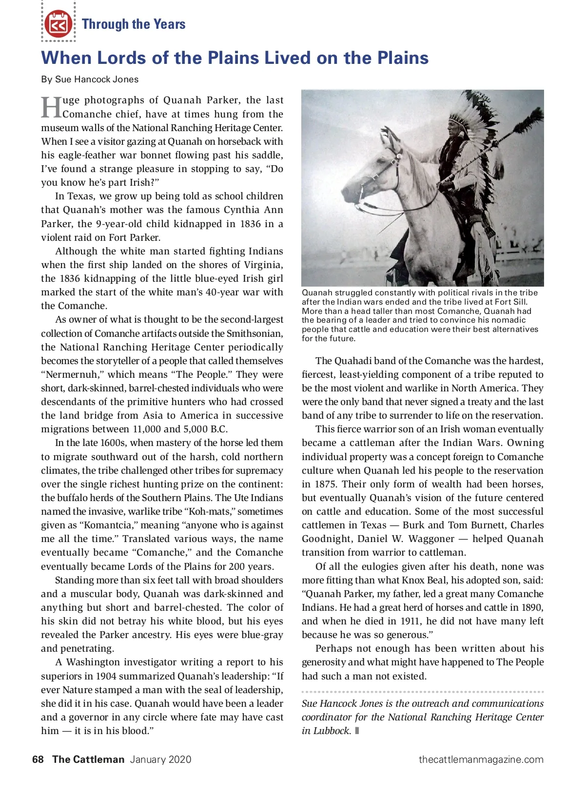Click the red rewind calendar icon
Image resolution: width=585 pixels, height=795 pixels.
tap(58, 24)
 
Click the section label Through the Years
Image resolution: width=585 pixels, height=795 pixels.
tap(134, 24)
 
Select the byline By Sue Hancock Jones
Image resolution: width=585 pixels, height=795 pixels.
tap(90, 79)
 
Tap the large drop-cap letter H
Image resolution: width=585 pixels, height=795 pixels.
tap(51, 107)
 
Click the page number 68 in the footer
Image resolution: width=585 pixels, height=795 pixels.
tap(38, 759)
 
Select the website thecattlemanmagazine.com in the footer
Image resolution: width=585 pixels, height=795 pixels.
tap(481, 759)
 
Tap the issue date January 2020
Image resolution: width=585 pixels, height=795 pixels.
tap(160, 759)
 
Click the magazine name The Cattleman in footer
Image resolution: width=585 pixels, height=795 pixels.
tap(88, 759)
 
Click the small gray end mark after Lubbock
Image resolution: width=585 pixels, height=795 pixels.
tap(357, 731)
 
